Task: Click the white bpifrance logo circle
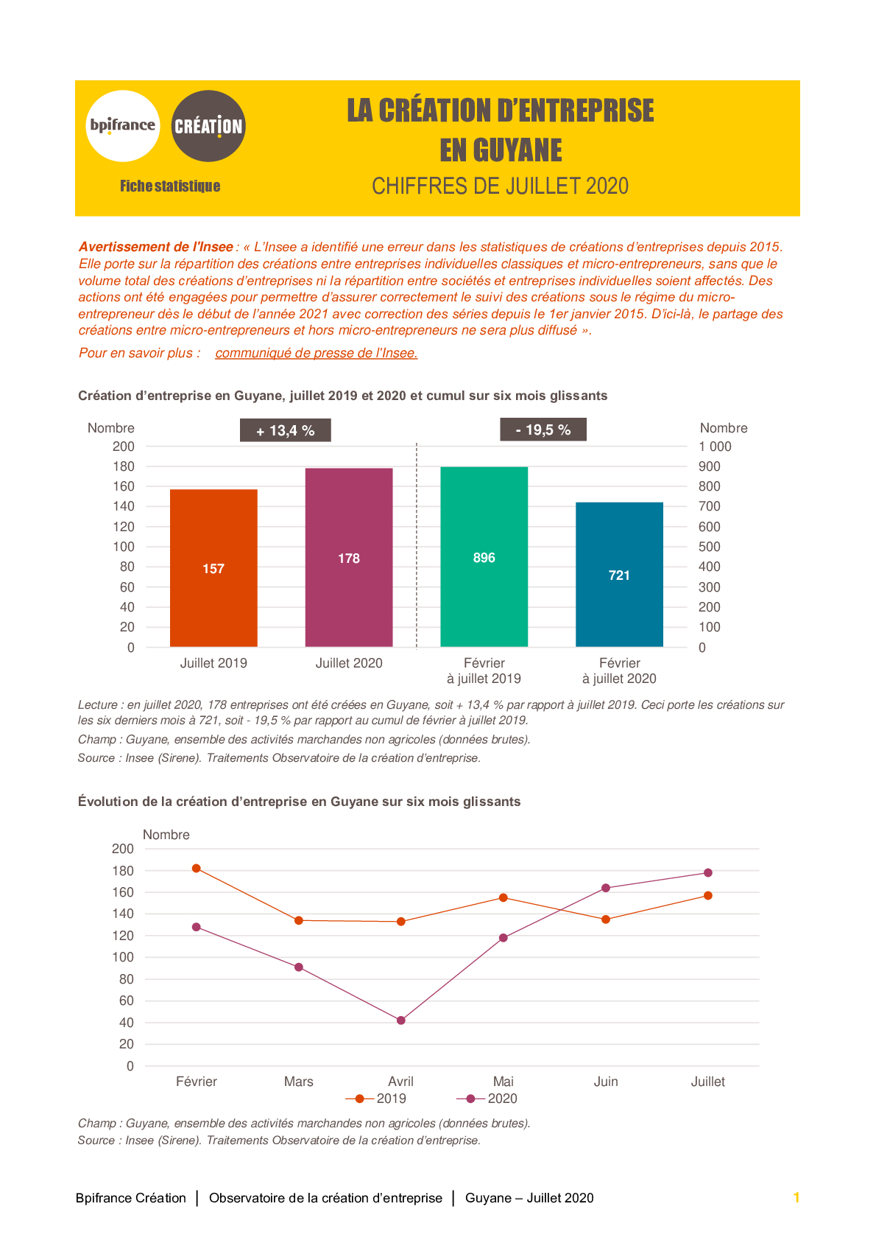point(123,126)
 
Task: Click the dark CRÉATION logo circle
point(208,126)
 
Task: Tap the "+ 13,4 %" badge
point(286,430)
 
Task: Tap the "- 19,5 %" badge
point(543,430)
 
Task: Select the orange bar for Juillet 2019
point(213,568)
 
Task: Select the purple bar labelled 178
point(349,558)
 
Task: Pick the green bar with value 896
point(484,557)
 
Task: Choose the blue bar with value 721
point(619,575)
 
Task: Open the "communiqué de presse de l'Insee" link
point(317,353)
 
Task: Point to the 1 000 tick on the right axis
point(715,446)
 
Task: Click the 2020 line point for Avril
point(401,1020)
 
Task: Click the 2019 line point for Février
point(197,869)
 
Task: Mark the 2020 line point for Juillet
point(708,873)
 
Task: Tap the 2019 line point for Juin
point(606,920)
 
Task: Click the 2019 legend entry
point(375,1099)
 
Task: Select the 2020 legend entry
point(487,1099)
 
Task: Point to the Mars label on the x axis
point(299,1082)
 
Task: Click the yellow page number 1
point(796,1197)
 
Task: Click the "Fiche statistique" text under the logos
point(170,186)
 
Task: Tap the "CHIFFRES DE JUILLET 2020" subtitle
point(500,186)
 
